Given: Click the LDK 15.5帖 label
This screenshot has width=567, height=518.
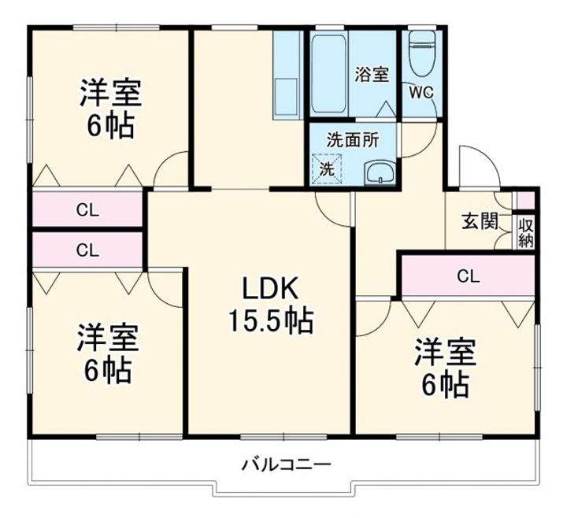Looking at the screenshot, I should (x=270, y=305).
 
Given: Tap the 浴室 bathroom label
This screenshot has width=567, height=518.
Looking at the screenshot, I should (x=371, y=76).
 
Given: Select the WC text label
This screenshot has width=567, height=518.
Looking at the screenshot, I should (x=420, y=91).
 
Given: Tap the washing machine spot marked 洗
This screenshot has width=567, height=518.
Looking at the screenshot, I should (x=325, y=168).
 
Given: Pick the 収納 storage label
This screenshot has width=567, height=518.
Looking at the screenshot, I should (x=525, y=231).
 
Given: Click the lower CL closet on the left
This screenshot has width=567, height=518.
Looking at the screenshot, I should (x=87, y=250).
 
